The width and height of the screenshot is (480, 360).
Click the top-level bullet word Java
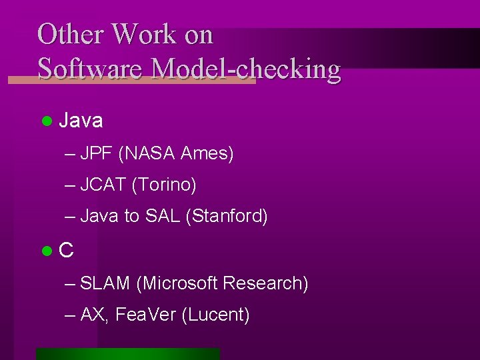pyautogui.click(x=81, y=121)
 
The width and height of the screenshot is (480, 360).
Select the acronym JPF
pyautogui.click(x=97, y=154)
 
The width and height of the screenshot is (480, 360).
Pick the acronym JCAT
pyautogui.click(x=103, y=185)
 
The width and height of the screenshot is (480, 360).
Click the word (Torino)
pyautogui.click(x=164, y=185)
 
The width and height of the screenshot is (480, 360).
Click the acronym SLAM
pyautogui.click(x=105, y=283)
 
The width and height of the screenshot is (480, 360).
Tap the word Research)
pyautogui.click(x=265, y=283)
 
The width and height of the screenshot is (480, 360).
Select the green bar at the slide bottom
pyautogui.click(x=128, y=354)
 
